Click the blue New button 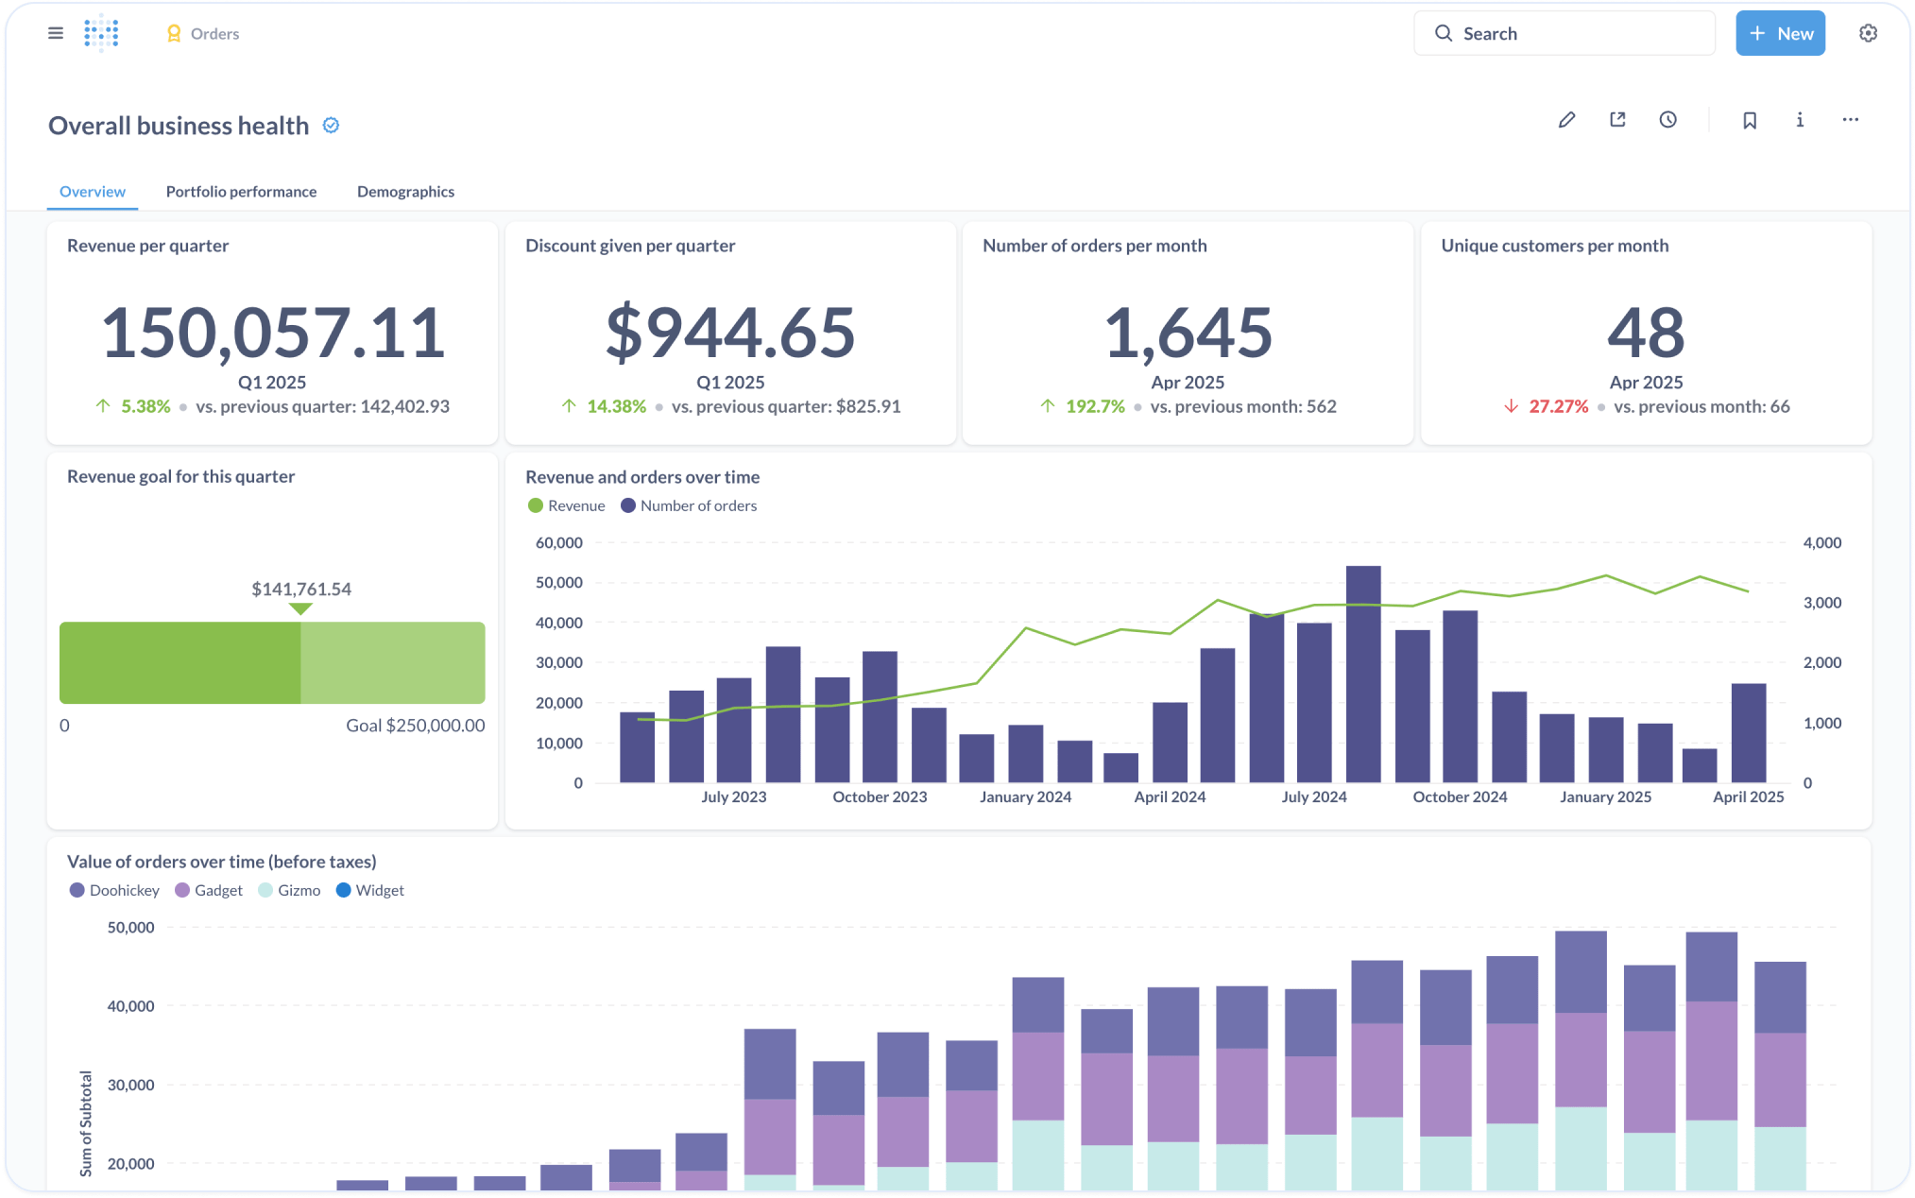[1779, 34]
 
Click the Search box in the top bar [1564, 34]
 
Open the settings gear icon [1867, 34]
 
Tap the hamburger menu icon [56, 34]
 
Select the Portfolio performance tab [241, 192]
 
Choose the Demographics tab [405, 192]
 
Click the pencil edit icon [1566, 120]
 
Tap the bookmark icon [1749, 120]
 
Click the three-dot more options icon [1850, 120]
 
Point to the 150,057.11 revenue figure [272, 333]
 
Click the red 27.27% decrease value [1558, 407]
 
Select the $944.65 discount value [730, 333]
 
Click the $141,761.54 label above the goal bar [300, 590]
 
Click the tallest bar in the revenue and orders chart [1362, 674]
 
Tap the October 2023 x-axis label [879, 797]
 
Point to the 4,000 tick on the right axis [1821, 543]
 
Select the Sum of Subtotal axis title [86, 1123]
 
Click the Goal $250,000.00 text [415, 726]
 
